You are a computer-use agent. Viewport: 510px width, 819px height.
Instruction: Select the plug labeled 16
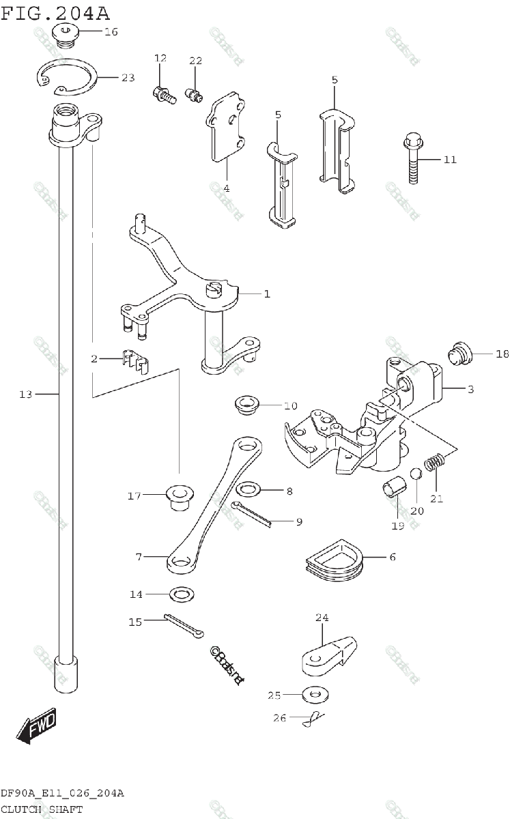(68, 34)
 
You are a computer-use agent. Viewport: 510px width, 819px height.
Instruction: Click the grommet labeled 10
(246, 404)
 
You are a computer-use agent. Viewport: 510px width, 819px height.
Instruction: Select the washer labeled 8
(248, 490)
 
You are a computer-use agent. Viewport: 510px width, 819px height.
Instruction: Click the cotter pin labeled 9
(251, 513)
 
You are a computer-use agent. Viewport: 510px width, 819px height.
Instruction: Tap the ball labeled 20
(414, 474)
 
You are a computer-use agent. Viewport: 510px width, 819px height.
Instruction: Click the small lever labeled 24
(327, 653)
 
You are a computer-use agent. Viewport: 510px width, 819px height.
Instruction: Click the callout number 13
(25, 394)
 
